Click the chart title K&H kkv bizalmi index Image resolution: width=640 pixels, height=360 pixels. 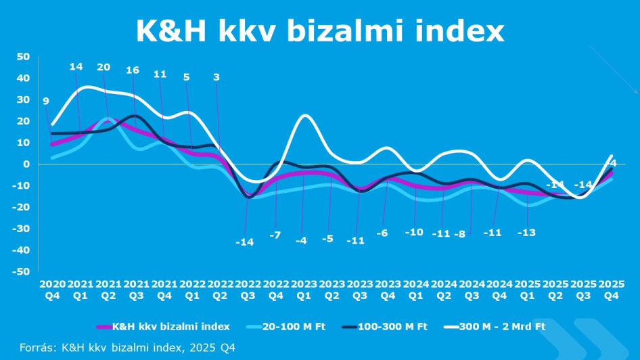pyautogui.click(x=320, y=30)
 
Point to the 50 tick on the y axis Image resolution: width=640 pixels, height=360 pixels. pyautogui.click(x=23, y=57)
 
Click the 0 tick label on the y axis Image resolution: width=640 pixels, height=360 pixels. pyautogui.click(x=26, y=164)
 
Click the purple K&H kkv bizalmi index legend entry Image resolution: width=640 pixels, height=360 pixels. pyautogui.click(x=170, y=328)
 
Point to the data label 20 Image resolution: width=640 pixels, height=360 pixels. pyautogui.click(x=104, y=67)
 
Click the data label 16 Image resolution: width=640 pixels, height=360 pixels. pyautogui.click(x=133, y=70)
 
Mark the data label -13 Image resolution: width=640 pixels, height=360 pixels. pyautogui.click(x=527, y=233)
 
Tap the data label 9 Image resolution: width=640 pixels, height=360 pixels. pyautogui.click(x=45, y=102)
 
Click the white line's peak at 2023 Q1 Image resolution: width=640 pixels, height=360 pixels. pyautogui.click(x=305, y=116)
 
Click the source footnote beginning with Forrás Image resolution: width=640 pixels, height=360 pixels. pyautogui.click(x=128, y=347)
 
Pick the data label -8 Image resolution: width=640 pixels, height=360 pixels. pyautogui.click(x=460, y=234)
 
